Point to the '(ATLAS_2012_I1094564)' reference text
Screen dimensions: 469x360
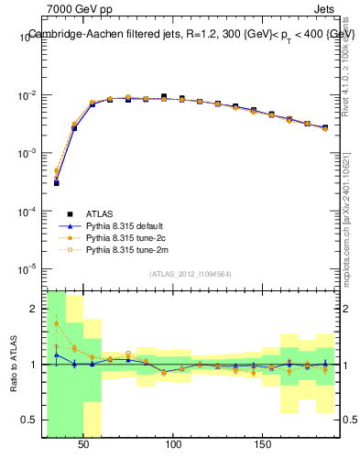191,273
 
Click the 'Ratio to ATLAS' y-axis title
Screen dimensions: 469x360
13,365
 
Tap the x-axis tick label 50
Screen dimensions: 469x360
83,444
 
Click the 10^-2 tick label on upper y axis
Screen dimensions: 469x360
27,95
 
